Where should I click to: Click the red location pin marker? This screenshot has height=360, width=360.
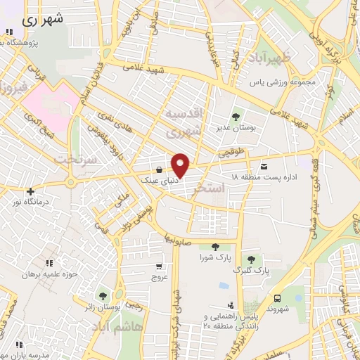coord(181,165)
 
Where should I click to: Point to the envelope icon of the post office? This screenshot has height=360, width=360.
coord(264,167)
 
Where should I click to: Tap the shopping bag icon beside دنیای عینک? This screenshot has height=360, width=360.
coord(160,169)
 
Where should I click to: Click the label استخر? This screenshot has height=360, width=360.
coord(226,188)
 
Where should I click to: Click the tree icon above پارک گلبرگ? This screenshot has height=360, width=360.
coord(252,259)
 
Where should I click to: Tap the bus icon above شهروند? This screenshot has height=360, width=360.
coord(278,298)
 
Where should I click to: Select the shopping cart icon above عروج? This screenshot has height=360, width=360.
coord(158,266)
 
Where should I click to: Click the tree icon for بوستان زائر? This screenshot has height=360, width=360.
coord(103,297)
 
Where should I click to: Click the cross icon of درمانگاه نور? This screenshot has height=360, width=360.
coord(30,191)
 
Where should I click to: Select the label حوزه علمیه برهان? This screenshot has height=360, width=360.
coord(48,274)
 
